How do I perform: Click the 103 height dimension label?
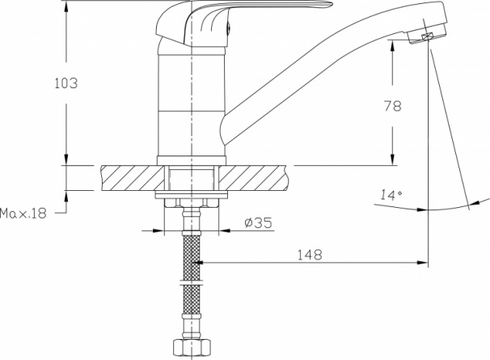point(66,83)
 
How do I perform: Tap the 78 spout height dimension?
point(392,106)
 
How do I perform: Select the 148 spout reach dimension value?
point(309,255)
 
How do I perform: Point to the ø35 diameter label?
point(259,222)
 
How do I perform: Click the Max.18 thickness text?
point(23,214)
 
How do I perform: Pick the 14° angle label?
point(391,195)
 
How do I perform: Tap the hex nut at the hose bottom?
point(192,347)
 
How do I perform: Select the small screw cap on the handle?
point(229,28)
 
